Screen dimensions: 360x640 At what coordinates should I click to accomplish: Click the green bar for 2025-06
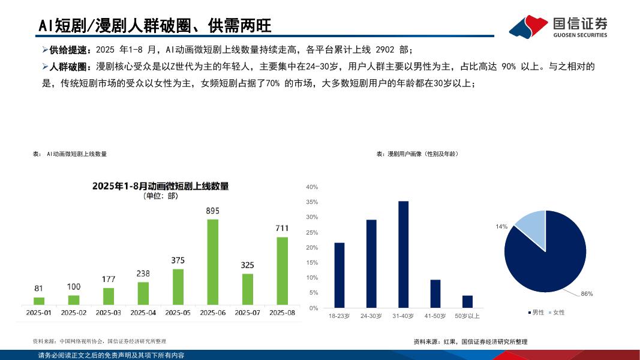[212, 262]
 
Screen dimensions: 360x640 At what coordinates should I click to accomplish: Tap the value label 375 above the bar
[178, 260]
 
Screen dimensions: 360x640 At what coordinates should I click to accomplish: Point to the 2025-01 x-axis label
[38, 313]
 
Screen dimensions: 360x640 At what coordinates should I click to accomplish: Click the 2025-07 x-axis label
[247, 313]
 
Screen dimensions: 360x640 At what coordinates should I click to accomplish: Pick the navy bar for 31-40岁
[403, 254]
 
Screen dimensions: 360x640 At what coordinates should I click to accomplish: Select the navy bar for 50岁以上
[467, 301]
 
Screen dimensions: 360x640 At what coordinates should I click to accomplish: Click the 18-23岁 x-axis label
[339, 316]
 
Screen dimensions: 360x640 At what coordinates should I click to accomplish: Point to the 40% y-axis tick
[312, 187]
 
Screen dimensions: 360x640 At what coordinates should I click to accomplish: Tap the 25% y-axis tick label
[312, 232]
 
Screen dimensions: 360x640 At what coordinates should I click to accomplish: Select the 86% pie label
[587, 294]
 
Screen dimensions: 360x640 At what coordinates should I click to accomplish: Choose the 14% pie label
[501, 227]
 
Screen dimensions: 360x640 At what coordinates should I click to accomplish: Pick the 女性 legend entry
[556, 313]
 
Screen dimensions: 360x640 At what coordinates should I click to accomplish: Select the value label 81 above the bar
[38, 289]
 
